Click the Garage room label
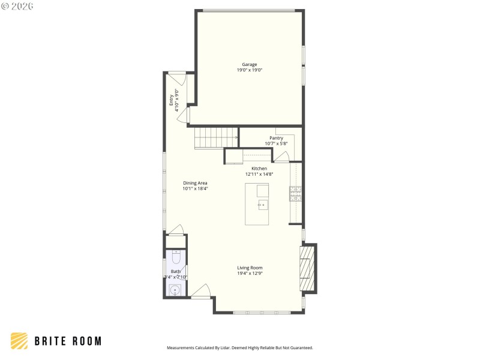pyautogui.click(x=250, y=64)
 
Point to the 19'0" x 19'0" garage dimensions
pyautogui.click(x=250, y=70)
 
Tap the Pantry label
pyautogui.click(x=276, y=138)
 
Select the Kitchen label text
pyautogui.click(x=259, y=169)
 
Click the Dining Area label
pyautogui.click(x=195, y=183)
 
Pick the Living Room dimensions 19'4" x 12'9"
pyautogui.click(x=250, y=274)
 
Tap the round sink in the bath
pyautogui.click(x=175, y=290)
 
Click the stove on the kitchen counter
pyautogui.click(x=295, y=193)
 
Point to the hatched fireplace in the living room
pyautogui.click(x=307, y=268)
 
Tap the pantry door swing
pyautogui.click(x=281, y=157)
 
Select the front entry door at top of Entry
pyautogui.click(x=178, y=77)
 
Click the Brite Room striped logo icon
pyautogui.click(x=19, y=341)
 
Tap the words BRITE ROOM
pyautogui.click(x=67, y=341)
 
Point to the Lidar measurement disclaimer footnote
pyautogui.click(x=239, y=347)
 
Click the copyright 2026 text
pyautogui.click(x=17, y=6)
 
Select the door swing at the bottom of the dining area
pyautogui.click(x=175, y=230)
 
